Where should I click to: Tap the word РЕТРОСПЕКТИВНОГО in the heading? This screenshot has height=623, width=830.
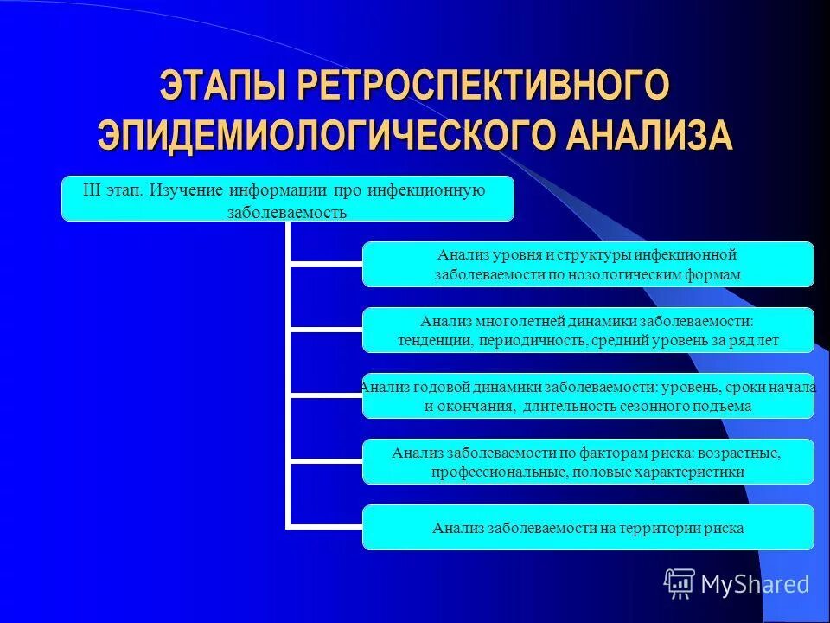point(485,87)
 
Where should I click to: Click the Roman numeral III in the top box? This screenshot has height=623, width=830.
point(92,189)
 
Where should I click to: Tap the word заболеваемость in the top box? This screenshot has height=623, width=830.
point(287,212)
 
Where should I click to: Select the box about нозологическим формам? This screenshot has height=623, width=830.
point(588,265)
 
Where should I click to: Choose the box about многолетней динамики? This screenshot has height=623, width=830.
point(588,330)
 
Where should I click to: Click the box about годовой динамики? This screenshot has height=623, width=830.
point(588,396)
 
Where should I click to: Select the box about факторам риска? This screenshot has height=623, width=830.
point(588,462)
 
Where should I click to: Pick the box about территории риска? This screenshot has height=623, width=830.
point(588,528)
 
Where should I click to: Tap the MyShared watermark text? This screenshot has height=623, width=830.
point(755,584)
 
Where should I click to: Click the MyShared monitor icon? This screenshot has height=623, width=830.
point(680,584)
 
